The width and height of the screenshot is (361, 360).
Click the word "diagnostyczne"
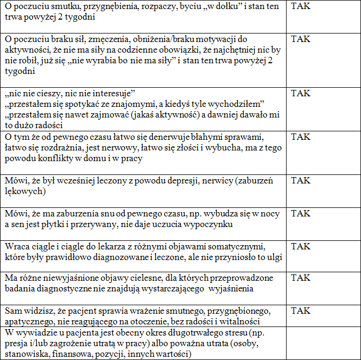[x=79, y=289]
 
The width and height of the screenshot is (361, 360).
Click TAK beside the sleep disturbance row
[x=301, y=214]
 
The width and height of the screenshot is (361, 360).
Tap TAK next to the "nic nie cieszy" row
[x=301, y=93]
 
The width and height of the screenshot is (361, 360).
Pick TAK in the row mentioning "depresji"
[x=301, y=181]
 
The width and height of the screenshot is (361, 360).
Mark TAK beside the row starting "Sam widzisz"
[x=301, y=311]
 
